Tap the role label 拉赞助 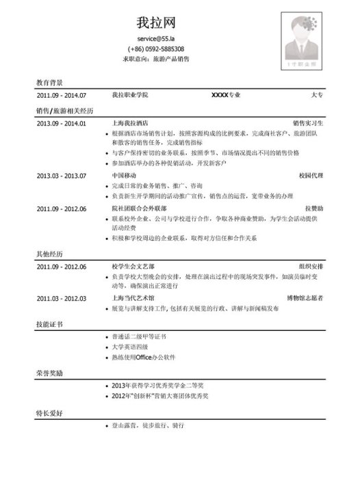pos(314,207)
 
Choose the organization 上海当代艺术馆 pos(132,298)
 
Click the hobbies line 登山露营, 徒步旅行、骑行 pos(148,425)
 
